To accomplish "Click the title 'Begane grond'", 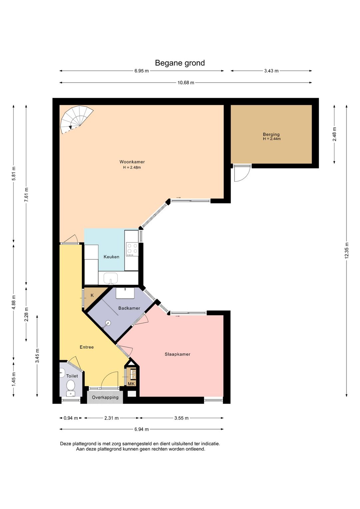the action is (180, 63).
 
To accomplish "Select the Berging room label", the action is (271, 134).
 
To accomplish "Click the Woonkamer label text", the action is (132, 162).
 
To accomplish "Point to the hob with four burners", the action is (132, 248).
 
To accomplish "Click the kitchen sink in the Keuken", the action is (111, 278).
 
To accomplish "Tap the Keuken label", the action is (111, 257).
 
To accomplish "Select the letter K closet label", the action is (92, 296).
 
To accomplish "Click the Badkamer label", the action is (129, 308).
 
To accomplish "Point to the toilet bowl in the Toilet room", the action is (71, 385).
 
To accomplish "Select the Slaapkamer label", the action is (177, 354).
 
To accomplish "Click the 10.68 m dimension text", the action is (186, 83).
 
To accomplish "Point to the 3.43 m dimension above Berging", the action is (271, 71).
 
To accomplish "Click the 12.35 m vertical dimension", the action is (347, 250).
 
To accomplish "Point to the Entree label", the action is (87, 347).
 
